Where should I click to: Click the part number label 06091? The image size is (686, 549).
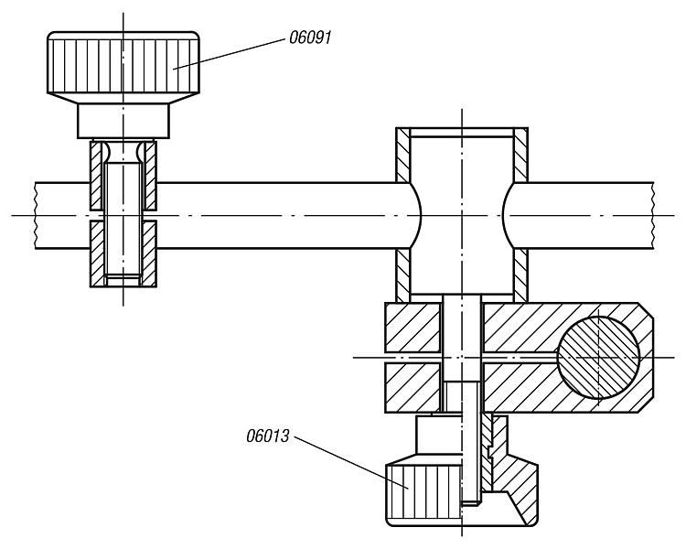[x=310, y=38]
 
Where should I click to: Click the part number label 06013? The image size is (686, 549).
[x=268, y=436]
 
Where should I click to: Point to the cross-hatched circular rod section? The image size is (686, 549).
[x=598, y=358]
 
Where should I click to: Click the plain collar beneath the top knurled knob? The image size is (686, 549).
[x=123, y=121]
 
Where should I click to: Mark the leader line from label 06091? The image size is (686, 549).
[x=229, y=54]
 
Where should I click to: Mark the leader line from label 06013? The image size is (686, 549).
[x=351, y=462]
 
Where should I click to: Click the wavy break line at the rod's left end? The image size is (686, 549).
[x=35, y=215]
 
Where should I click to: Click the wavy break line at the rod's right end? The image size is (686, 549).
[x=653, y=215]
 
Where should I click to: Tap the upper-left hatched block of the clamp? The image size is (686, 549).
[x=413, y=328]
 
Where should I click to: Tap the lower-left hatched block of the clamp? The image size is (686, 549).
[x=413, y=387]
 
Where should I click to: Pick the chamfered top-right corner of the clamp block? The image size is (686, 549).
[x=646, y=310]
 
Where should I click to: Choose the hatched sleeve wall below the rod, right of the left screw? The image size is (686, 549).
[x=149, y=254]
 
